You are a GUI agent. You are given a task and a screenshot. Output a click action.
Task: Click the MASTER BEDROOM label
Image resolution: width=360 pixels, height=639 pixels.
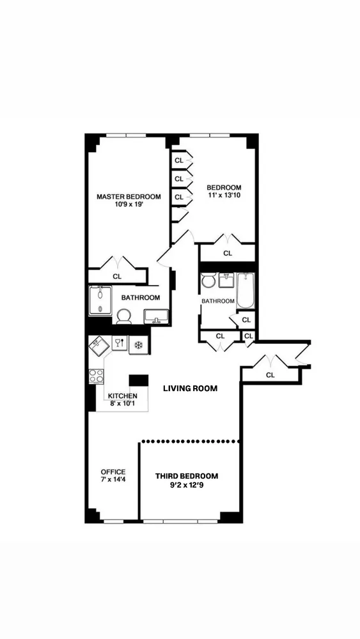click(x=129, y=197)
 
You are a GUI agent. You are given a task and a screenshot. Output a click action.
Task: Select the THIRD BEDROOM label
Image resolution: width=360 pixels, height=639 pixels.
click(x=187, y=476)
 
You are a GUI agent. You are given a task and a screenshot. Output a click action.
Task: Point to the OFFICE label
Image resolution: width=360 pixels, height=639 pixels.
click(x=113, y=472)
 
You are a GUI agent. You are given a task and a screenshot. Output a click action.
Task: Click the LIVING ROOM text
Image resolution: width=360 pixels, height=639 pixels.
click(x=190, y=389)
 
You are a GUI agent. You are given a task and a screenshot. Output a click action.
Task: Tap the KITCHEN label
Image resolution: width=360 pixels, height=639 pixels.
click(x=122, y=396)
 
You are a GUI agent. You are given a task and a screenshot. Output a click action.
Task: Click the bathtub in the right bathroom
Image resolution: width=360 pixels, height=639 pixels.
click(x=246, y=290)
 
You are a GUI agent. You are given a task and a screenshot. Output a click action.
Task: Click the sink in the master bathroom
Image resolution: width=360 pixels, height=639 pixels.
click(x=157, y=317)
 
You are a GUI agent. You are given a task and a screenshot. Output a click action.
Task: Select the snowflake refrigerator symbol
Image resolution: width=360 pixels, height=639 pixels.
click(x=137, y=344)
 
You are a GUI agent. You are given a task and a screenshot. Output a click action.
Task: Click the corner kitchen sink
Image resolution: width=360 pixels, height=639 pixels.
click(x=98, y=347)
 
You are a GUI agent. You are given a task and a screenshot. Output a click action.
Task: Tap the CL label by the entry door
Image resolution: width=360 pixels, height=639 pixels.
click(x=270, y=375)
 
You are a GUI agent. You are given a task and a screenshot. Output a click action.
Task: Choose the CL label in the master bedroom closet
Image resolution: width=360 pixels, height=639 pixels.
click(x=117, y=276)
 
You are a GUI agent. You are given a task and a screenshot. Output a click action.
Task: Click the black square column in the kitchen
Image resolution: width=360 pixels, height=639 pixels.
click(x=138, y=380)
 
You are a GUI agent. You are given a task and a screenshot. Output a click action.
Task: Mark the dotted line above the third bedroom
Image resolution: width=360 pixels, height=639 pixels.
click(x=190, y=441)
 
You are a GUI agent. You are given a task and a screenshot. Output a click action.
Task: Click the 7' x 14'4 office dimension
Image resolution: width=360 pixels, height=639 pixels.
click(x=113, y=481)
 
